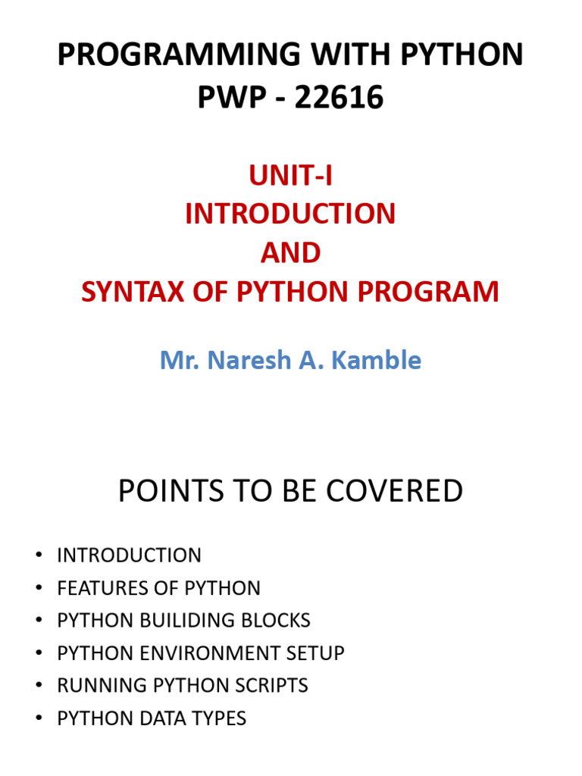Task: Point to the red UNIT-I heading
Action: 290,176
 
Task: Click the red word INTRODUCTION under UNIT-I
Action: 290,214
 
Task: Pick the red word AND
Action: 290,253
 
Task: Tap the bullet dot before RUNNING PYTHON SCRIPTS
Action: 39,686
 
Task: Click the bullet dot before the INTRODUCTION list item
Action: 39,555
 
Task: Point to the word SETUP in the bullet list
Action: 316,653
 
